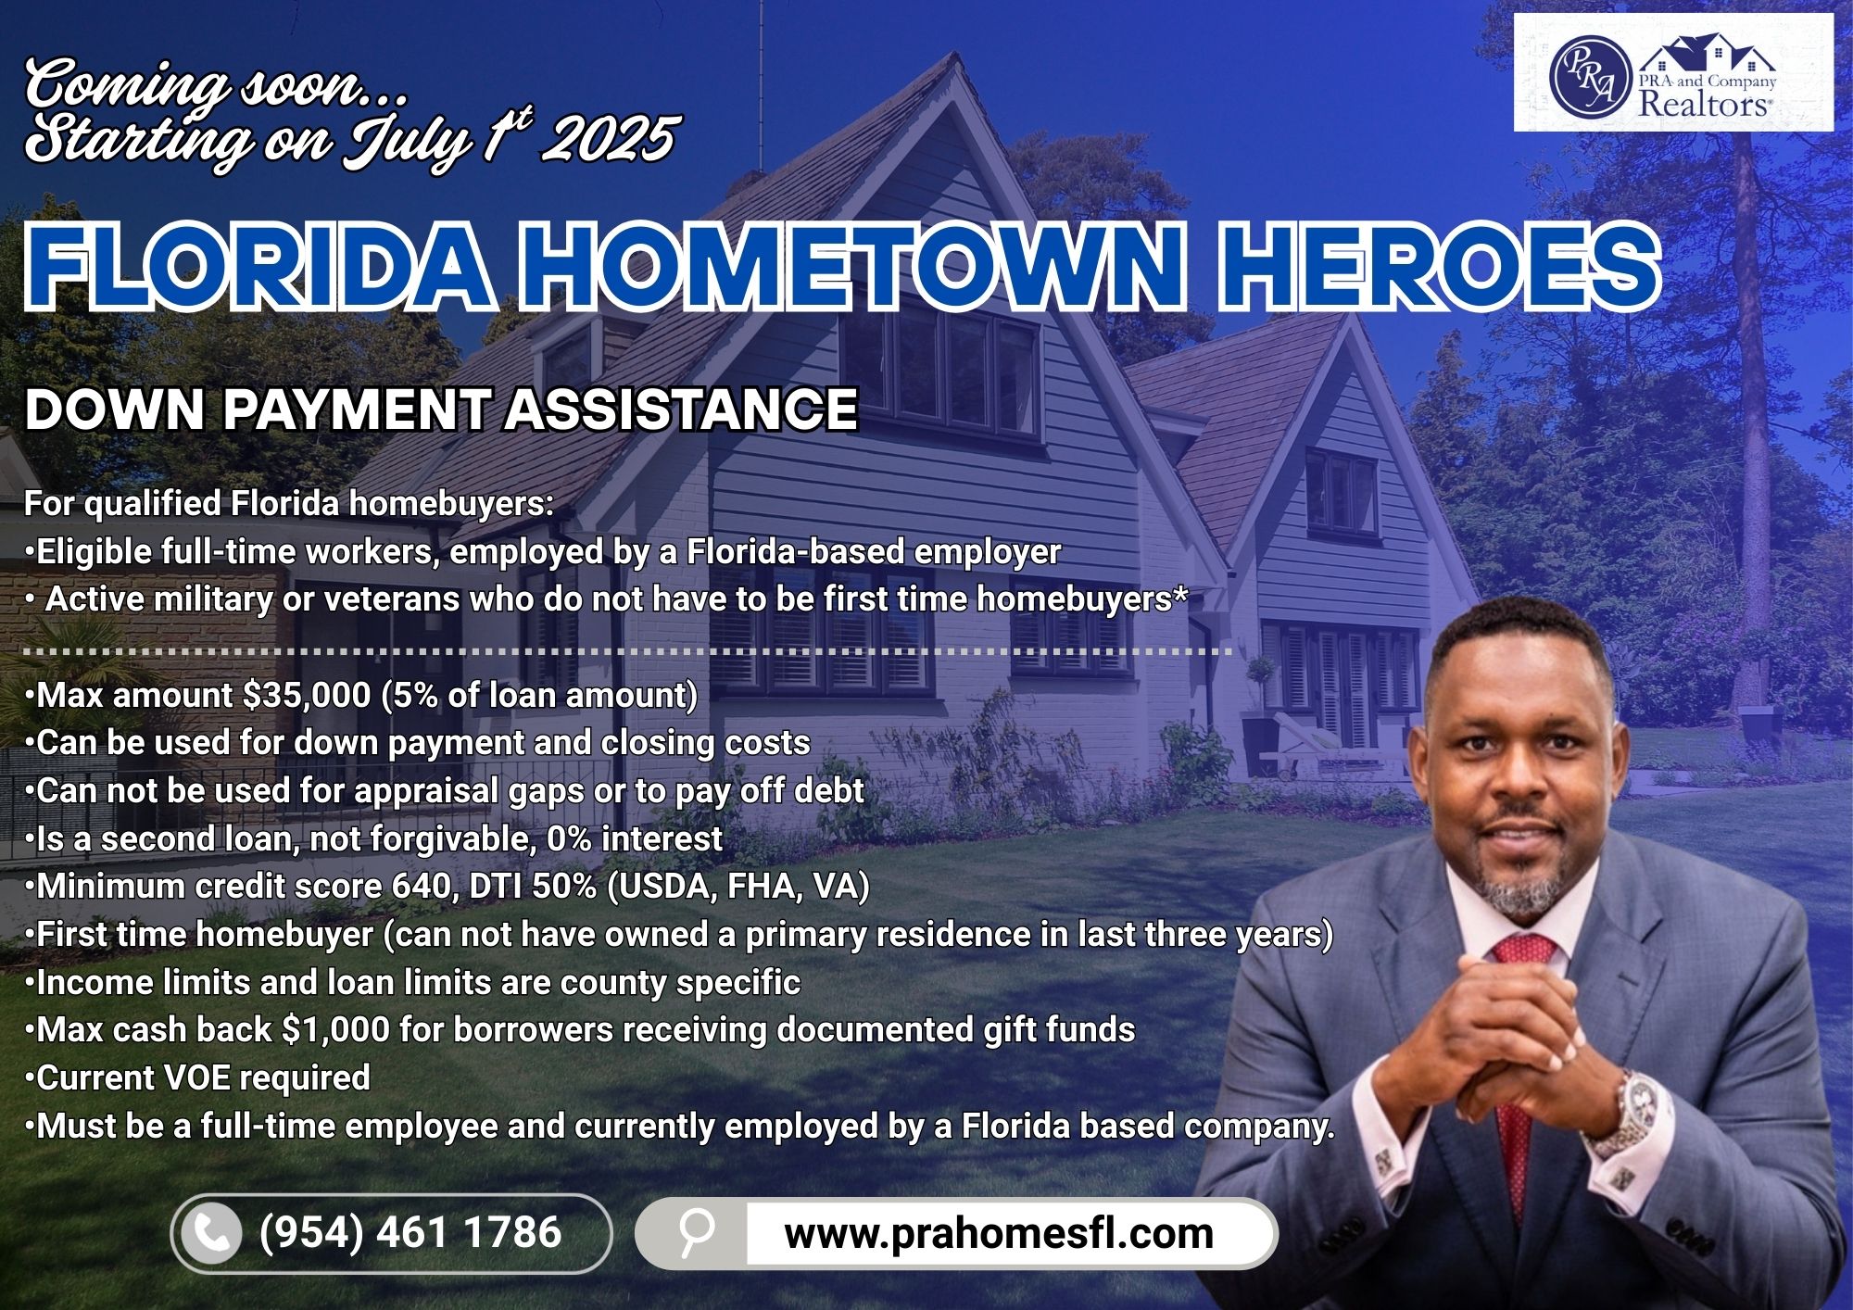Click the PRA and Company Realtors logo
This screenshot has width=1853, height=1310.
pos(1673,72)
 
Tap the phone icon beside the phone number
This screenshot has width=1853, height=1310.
pos(211,1233)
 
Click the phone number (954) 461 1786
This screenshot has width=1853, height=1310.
pos(410,1232)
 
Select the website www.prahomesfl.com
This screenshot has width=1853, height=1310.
pos(998,1233)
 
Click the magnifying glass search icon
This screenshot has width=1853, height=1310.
pos(695,1231)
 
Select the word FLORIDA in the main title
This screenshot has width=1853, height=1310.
pos(258,267)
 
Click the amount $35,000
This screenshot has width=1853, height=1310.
pos(307,695)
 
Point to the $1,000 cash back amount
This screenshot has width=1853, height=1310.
pos(328,1030)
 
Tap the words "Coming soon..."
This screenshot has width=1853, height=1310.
pos(216,85)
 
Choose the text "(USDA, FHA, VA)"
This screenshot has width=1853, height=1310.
pos(738,887)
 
